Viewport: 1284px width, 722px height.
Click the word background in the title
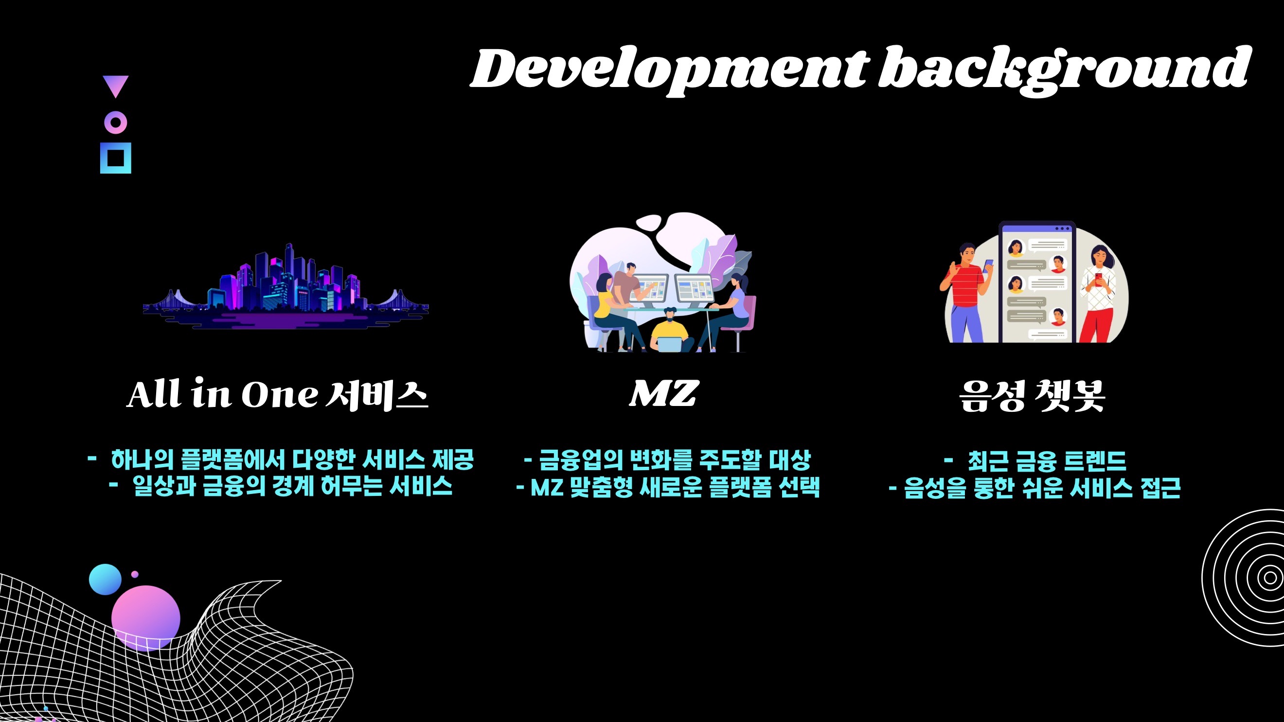[1065, 70]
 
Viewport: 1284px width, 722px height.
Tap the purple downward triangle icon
[116, 85]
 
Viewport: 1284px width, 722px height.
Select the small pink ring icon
[116, 122]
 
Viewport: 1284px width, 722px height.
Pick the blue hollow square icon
[116, 158]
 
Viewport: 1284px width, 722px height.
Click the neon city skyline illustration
[285, 289]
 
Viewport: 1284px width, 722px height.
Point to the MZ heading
[663, 394]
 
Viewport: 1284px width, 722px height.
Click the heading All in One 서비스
[277, 395]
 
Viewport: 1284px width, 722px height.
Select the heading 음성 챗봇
[1032, 396]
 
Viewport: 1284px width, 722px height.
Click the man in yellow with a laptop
[670, 332]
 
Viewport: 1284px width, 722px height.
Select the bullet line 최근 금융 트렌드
[1046, 460]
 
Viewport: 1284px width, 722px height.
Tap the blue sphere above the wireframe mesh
[105, 580]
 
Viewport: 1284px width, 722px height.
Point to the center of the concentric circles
[1269, 578]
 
